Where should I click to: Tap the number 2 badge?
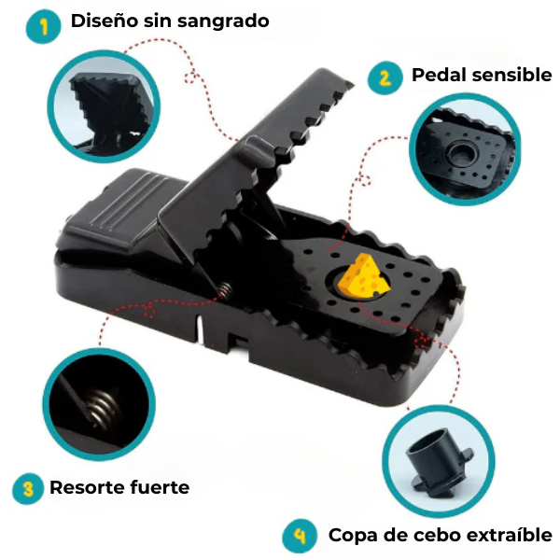tap(383, 77)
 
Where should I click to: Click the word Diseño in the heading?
tap(105, 21)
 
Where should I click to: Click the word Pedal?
tap(439, 76)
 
